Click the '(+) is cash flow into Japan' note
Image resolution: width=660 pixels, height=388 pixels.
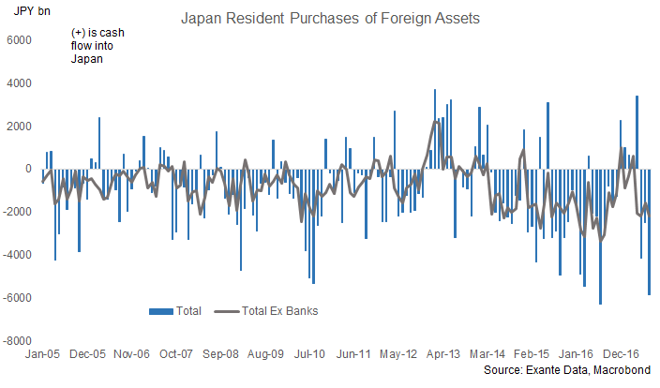tap(97, 46)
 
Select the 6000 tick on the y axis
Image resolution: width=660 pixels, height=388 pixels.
tap(18, 40)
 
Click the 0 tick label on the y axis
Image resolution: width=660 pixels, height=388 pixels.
tap(28, 170)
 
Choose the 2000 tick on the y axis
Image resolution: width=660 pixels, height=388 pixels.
tap(18, 127)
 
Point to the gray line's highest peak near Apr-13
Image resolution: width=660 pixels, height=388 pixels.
tap(437, 121)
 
